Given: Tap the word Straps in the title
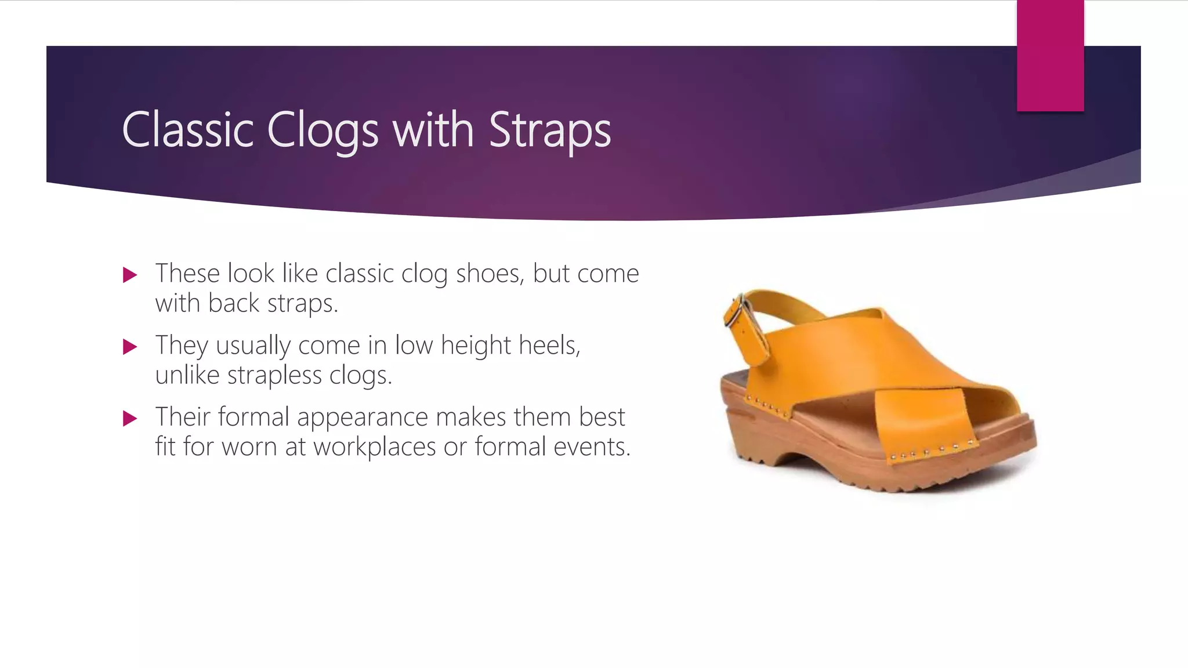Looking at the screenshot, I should tap(549, 130).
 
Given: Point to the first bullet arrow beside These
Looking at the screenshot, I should tap(130, 275).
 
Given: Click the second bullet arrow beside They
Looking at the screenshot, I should tap(130, 347).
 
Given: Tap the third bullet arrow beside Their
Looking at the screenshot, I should tap(130, 418).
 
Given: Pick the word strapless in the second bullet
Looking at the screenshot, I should tap(274, 375).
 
